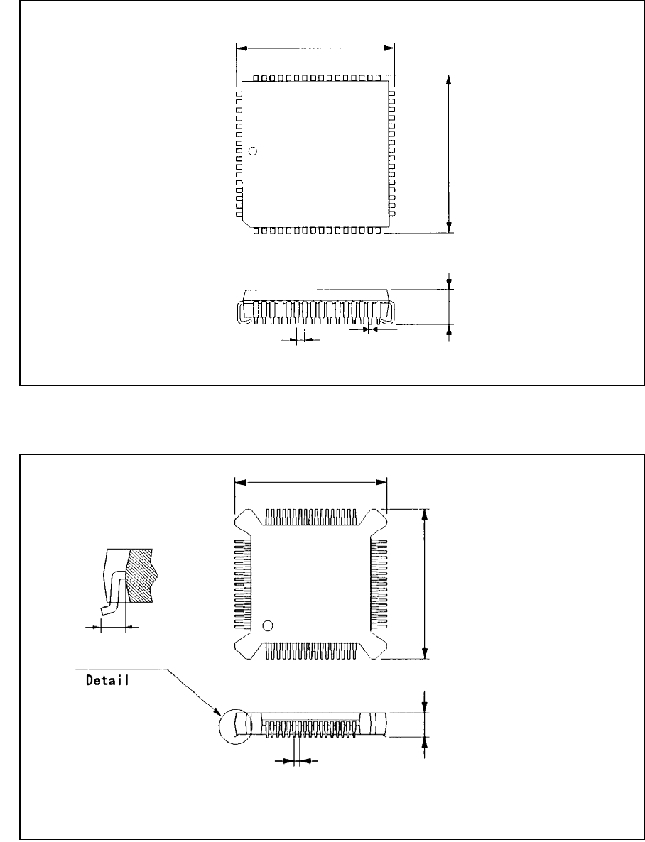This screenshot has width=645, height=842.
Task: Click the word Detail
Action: pyautogui.click(x=107, y=679)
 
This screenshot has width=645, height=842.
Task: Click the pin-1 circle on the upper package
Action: pyautogui.click(x=253, y=151)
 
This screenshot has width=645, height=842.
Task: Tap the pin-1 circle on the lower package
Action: pyautogui.click(x=268, y=625)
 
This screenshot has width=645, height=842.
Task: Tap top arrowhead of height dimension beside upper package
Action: pyautogui.click(x=449, y=80)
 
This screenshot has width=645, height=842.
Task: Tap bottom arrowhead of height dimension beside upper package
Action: pyautogui.click(x=449, y=226)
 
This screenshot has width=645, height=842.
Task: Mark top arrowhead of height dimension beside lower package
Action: pyautogui.click(x=425, y=515)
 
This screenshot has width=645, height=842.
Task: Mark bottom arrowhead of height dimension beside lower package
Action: pyautogui.click(x=425, y=653)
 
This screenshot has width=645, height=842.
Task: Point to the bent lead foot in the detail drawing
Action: pyautogui.click(x=108, y=608)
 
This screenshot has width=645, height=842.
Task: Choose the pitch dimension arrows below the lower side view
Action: pyautogui.click(x=297, y=760)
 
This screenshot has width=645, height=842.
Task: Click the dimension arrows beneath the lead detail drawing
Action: pyautogui.click(x=113, y=627)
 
